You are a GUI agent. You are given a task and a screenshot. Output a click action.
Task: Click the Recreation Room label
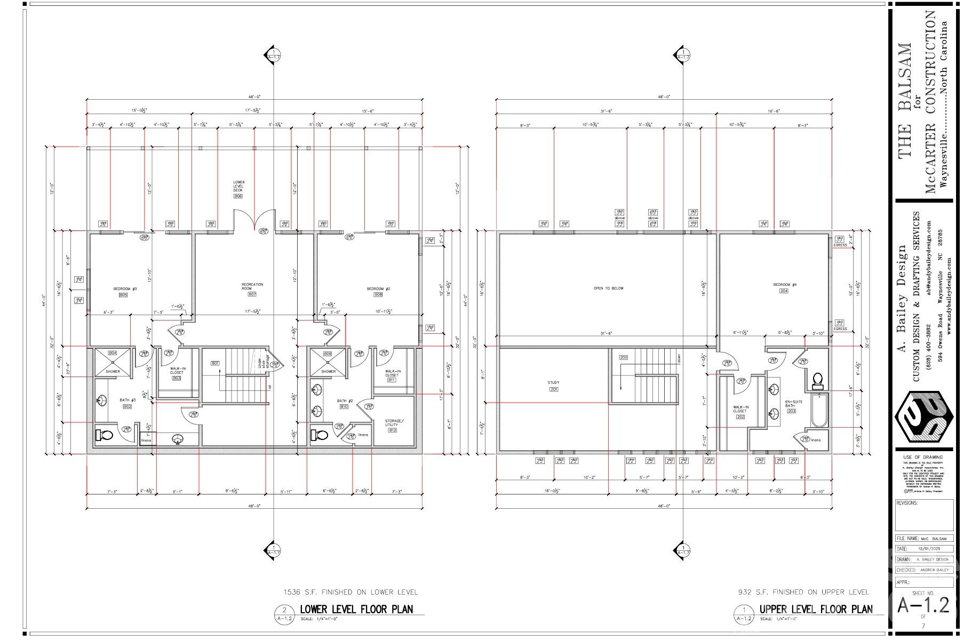pos(252,287)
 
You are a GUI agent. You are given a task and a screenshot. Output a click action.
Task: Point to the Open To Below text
pos(608,289)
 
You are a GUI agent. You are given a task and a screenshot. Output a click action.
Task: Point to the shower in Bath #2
pos(328,362)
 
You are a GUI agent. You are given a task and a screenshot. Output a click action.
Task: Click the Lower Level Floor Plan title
pos(356,609)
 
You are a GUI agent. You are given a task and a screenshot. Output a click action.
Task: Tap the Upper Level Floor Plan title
pos(816,609)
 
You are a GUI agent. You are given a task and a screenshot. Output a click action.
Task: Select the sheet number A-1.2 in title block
pos(923,605)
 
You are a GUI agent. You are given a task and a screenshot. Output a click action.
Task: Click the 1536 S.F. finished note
pos(351,592)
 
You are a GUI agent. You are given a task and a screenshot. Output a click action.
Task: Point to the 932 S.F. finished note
pos(803,592)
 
